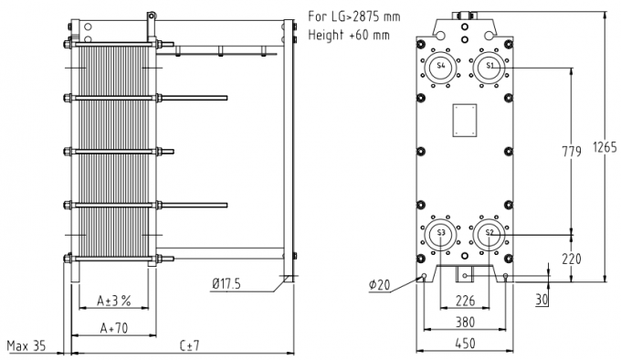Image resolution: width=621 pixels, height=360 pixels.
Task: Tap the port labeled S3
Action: coord(441,234)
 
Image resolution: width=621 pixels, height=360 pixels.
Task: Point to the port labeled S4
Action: coord(441,67)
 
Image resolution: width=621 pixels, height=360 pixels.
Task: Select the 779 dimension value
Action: coord(573,152)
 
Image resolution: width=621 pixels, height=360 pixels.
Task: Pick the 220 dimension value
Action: coord(571,259)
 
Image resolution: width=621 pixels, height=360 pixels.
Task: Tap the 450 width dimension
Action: coord(464,344)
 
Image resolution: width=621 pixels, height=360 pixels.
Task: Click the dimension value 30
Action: coord(542,299)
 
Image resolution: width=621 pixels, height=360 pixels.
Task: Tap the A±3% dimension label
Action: coord(115,300)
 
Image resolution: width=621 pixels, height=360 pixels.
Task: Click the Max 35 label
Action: coord(26,345)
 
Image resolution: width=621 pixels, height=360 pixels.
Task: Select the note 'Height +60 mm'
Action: coord(340,34)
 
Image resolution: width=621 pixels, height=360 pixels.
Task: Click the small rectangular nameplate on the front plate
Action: coord(464,120)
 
